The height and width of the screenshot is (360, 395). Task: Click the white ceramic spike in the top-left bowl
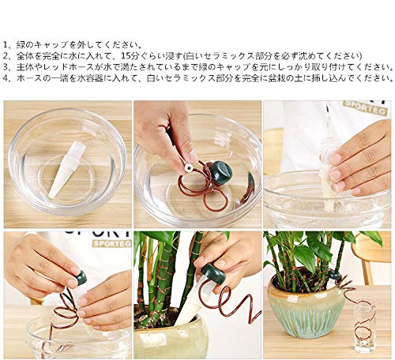point(66,169)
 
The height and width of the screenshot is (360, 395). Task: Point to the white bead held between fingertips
point(188,167)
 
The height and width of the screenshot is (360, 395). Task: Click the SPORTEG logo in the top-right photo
point(365,107)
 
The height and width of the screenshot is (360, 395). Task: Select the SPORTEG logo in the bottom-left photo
point(111,244)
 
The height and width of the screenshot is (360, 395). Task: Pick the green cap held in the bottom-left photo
point(80,278)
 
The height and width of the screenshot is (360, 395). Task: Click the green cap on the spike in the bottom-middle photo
point(213,276)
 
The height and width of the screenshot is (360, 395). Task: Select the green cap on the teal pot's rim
point(335,275)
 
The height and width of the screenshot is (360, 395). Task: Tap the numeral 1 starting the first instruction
point(6,44)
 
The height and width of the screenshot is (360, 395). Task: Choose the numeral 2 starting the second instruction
point(6,56)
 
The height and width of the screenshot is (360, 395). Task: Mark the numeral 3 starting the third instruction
point(6,67)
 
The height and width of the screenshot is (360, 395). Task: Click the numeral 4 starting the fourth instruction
point(6,78)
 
